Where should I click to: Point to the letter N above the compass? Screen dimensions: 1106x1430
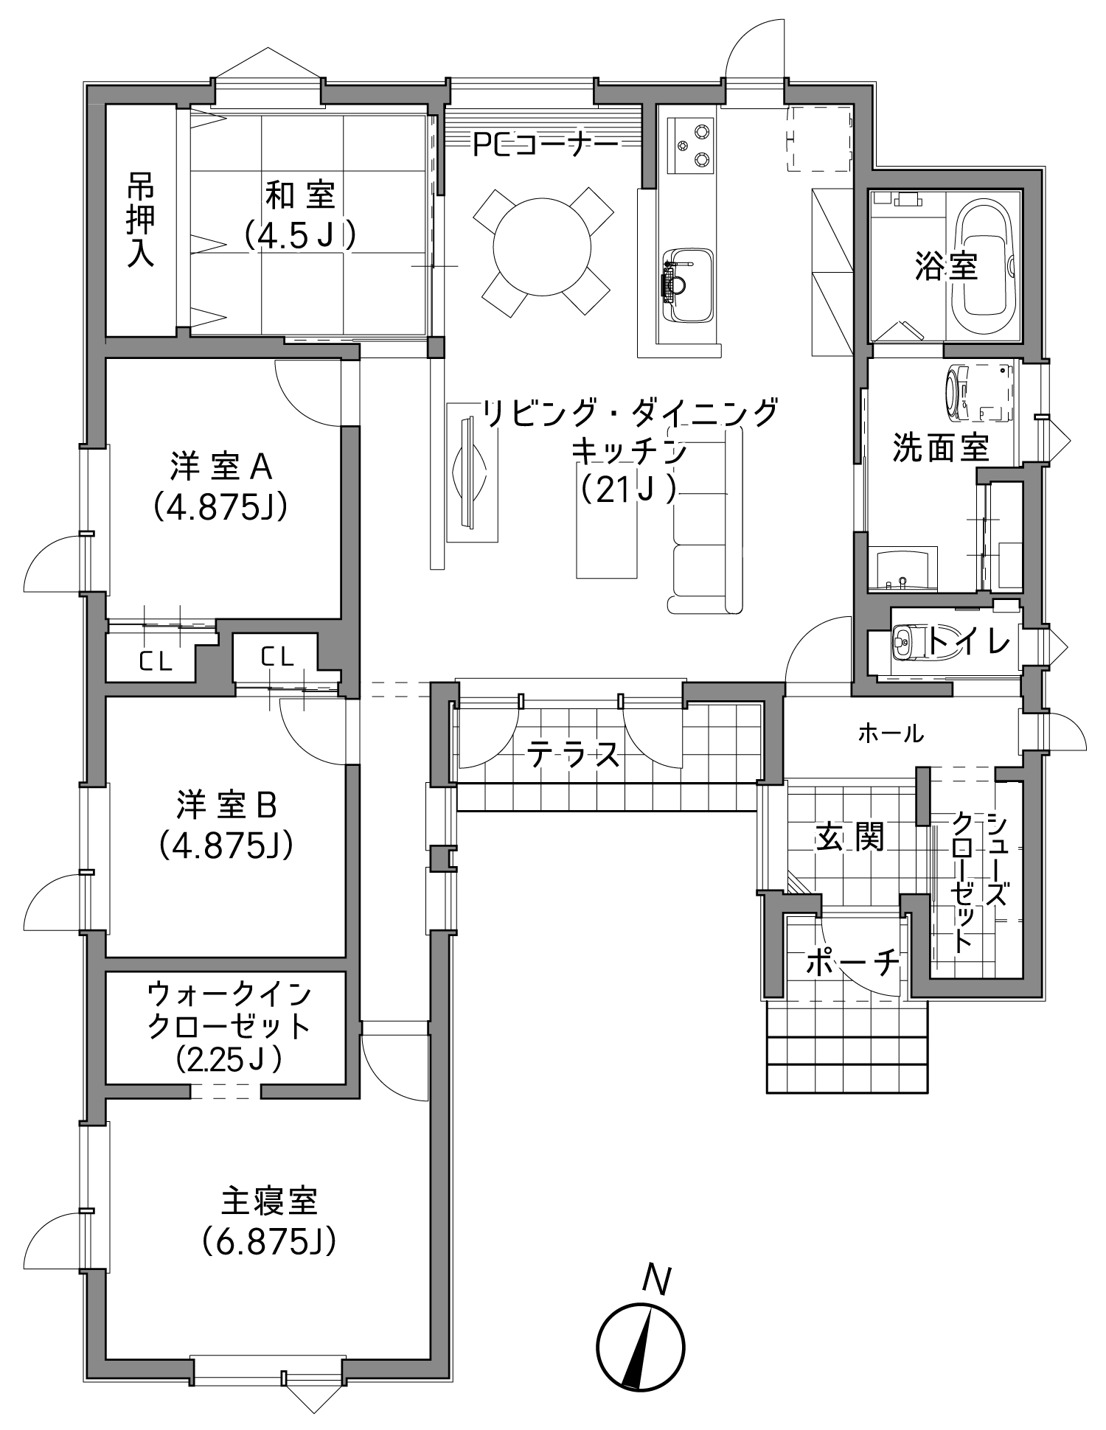click(x=655, y=1279)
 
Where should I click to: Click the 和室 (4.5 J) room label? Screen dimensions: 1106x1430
click(x=300, y=214)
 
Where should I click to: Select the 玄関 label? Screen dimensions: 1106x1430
click(x=849, y=837)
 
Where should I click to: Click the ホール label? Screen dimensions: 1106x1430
click(x=890, y=733)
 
